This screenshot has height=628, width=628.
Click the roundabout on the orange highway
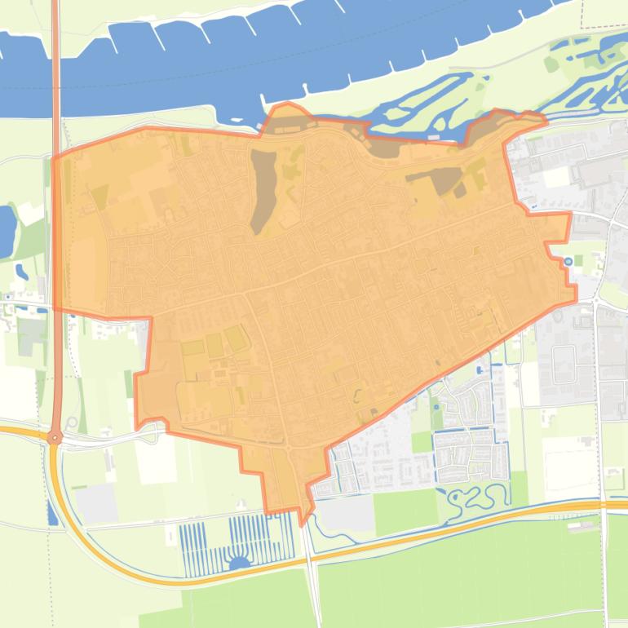pyautogui.click(x=55, y=437)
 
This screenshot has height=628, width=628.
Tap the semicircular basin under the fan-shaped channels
pyautogui.click(x=241, y=562)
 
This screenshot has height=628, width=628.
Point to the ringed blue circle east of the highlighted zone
pyautogui.click(x=568, y=262)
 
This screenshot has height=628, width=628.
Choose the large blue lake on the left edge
pyautogui.click(x=7, y=228)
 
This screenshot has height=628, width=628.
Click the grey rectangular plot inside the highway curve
pyautogui.click(x=98, y=503)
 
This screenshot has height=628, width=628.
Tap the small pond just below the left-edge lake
pyautogui.click(x=20, y=271)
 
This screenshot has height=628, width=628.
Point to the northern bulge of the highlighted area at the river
pyautogui.click(x=285, y=114)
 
